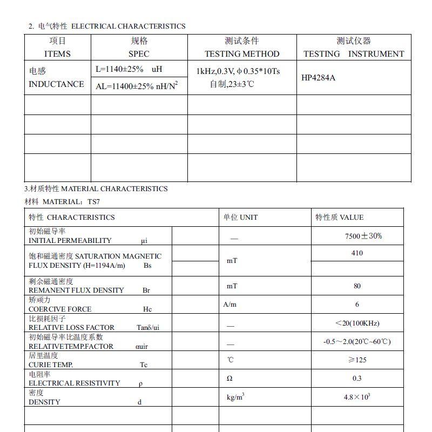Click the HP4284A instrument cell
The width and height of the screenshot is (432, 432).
click(318, 78)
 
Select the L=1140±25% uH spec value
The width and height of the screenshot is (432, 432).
click(129, 69)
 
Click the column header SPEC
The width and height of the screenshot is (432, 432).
click(139, 54)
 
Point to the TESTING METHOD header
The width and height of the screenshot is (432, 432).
click(242, 54)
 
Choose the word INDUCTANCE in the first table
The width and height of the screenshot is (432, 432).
click(56, 84)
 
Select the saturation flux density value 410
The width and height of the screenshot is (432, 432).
click(357, 253)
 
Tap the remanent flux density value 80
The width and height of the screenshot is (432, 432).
click(357, 286)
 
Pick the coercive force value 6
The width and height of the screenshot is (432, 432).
click(357, 305)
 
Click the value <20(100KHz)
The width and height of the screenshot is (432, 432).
click(357, 323)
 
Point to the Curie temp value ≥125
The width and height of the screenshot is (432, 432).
click(357, 360)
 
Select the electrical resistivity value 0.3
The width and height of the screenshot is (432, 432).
click(357, 378)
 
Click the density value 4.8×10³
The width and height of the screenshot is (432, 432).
click(357, 397)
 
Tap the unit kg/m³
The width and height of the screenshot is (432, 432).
click(235, 397)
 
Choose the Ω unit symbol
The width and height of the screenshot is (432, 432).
click(230, 379)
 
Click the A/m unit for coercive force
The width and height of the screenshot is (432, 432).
click(230, 305)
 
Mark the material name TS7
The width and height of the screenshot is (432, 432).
click(93, 202)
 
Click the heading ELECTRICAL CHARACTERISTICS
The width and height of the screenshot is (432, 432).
click(128, 26)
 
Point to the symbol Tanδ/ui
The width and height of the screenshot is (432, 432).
click(147, 328)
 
